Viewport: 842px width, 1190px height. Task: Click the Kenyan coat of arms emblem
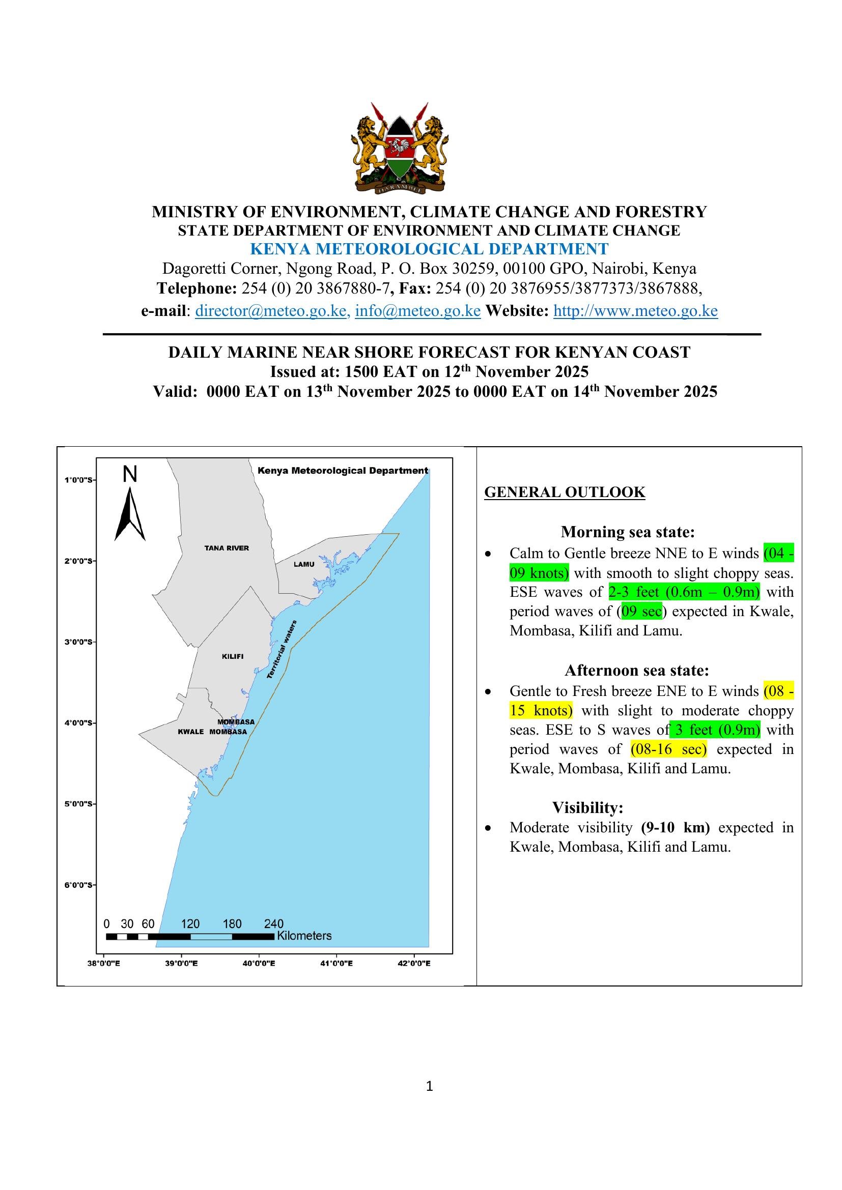pyautogui.click(x=399, y=148)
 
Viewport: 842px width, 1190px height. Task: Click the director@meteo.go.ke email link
pyautogui.click(x=271, y=311)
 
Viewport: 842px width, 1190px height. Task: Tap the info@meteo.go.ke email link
pyautogui.click(x=418, y=311)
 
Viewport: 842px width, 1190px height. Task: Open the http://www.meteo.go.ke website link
pyautogui.click(x=635, y=311)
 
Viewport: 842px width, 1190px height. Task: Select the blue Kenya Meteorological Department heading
pyautogui.click(x=429, y=249)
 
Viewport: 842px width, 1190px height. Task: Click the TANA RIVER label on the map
pyautogui.click(x=227, y=548)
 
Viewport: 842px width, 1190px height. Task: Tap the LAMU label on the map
pyautogui.click(x=304, y=564)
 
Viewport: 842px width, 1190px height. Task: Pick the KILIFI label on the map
pyautogui.click(x=233, y=656)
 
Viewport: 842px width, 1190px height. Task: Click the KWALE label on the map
pyautogui.click(x=191, y=732)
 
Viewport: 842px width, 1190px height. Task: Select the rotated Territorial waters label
pyautogui.click(x=282, y=649)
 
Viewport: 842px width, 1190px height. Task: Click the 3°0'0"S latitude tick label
pyautogui.click(x=79, y=642)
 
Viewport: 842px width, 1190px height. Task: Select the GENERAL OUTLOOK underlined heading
pyautogui.click(x=565, y=492)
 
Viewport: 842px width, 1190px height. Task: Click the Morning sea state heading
pyautogui.click(x=627, y=532)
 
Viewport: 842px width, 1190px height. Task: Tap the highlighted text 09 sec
pyautogui.click(x=641, y=612)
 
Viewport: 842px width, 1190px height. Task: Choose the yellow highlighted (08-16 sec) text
pyautogui.click(x=668, y=749)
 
